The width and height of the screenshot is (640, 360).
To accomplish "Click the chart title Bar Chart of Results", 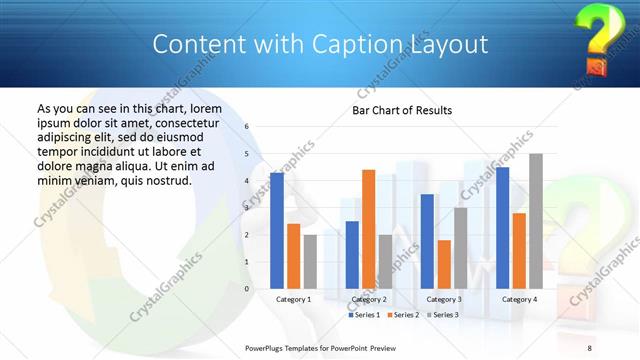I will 401,110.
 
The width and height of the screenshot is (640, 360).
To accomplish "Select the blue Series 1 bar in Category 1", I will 277,230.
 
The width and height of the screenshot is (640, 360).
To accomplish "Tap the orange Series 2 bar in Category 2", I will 368,229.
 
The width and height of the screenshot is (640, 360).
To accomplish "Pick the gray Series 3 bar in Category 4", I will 536,221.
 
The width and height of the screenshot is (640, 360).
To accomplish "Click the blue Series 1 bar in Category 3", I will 427,241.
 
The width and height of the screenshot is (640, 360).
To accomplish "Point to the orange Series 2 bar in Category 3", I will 443,264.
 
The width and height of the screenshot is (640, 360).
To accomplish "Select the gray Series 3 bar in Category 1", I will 310,261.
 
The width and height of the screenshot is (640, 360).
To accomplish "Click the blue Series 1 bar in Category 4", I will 503,228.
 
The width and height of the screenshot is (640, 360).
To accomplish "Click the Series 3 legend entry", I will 441,315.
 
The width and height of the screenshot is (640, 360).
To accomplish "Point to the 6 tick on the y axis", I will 248,127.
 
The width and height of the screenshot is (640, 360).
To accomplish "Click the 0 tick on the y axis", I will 248,288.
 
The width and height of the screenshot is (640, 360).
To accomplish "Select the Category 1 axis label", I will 294,299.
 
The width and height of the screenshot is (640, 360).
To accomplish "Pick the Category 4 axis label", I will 519,299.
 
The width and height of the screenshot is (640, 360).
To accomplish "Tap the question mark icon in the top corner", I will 596,38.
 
